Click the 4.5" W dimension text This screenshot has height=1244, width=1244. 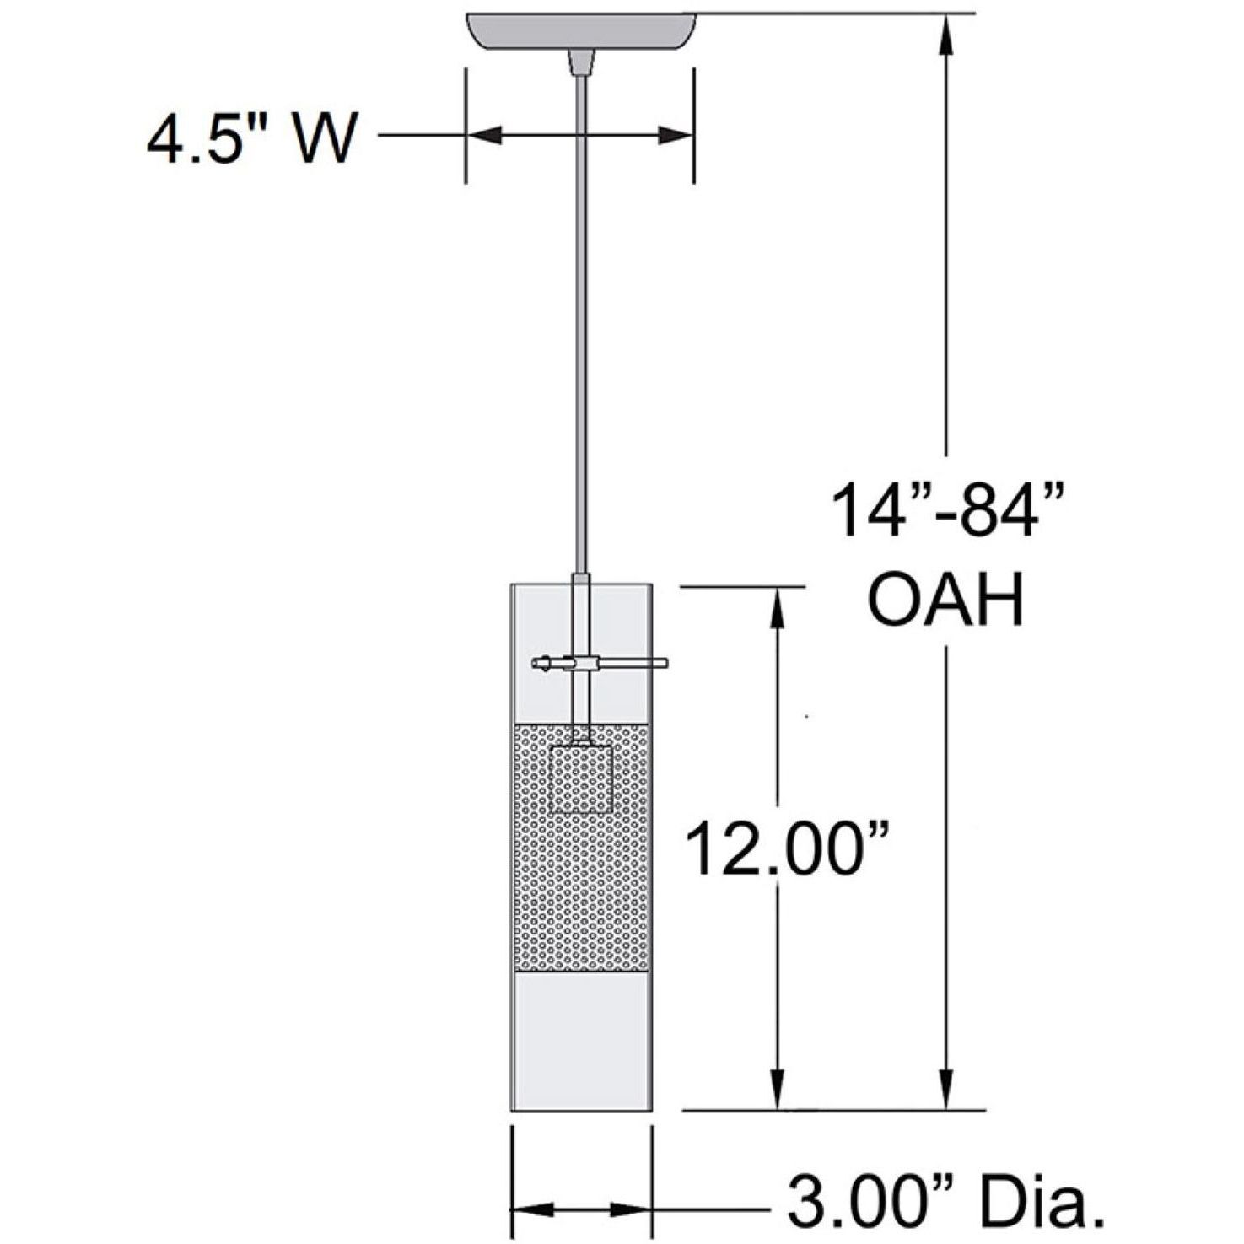point(251,137)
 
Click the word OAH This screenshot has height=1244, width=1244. point(946,600)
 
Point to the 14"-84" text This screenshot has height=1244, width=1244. point(946,509)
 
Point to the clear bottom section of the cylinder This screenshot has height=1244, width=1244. point(580,1042)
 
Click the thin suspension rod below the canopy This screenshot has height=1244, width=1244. point(580,320)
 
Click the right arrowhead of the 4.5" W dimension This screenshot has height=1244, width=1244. point(675,136)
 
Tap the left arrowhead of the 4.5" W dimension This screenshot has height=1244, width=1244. point(485,136)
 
